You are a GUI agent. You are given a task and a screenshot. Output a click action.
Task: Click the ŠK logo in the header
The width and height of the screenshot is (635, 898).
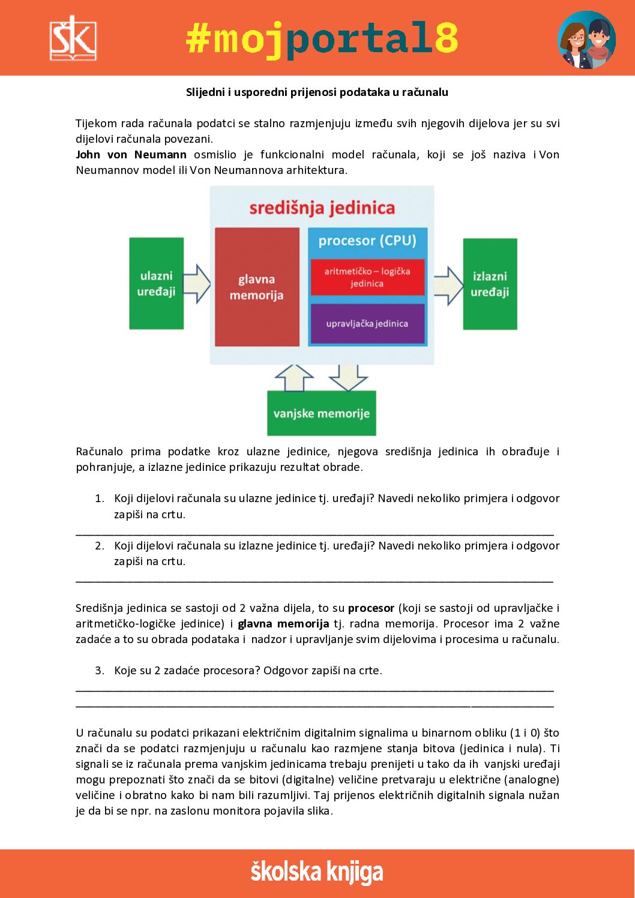[73, 38]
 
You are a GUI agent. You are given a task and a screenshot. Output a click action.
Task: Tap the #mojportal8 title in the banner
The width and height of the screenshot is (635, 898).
[322, 39]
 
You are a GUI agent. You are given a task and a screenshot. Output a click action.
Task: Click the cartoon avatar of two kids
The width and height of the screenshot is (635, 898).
[586, 40]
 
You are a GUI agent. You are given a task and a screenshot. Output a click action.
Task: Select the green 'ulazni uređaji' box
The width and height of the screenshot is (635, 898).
[156, 283]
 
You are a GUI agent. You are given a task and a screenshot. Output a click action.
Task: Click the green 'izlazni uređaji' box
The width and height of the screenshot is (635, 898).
[490, 284]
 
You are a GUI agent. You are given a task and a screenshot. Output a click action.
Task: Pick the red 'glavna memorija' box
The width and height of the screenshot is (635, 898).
[257, 287]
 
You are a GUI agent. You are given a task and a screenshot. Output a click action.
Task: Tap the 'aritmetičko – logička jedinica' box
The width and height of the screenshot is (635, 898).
[367, 277]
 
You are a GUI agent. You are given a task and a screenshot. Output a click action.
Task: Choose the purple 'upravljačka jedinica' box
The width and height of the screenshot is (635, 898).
[367, 324]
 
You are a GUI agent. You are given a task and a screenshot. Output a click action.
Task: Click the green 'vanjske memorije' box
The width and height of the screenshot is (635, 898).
[321, 413]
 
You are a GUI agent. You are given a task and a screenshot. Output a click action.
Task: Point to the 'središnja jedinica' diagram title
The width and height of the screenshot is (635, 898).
[322, 208]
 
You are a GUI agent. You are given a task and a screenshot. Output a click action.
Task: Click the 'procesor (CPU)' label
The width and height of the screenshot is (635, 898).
[367, 241]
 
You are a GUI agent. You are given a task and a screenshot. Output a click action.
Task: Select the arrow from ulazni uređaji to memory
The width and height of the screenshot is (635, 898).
[197, 284]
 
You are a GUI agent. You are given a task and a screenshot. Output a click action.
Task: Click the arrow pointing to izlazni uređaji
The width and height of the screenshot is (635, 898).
[448, 284]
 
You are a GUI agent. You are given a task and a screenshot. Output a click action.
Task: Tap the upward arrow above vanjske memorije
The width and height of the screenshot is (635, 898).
[294, 378]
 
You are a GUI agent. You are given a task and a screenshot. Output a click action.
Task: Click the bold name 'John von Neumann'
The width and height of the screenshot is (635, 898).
[131, 155]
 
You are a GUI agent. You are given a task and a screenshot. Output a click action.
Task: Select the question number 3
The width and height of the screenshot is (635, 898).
[100, 671]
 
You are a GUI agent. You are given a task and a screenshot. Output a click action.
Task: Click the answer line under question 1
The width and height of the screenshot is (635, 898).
[314, 533]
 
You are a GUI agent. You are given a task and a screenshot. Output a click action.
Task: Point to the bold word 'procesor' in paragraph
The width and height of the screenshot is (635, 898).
[371, 608]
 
